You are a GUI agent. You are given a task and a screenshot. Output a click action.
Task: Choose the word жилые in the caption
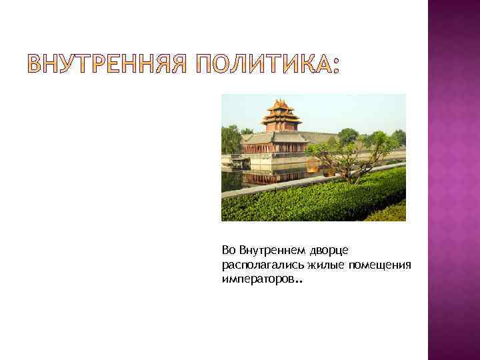(x=316, y=265)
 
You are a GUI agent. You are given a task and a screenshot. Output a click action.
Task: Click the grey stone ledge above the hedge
(x=313, y=182)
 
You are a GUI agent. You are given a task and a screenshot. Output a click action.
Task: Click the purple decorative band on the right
(x=453, y=180)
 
